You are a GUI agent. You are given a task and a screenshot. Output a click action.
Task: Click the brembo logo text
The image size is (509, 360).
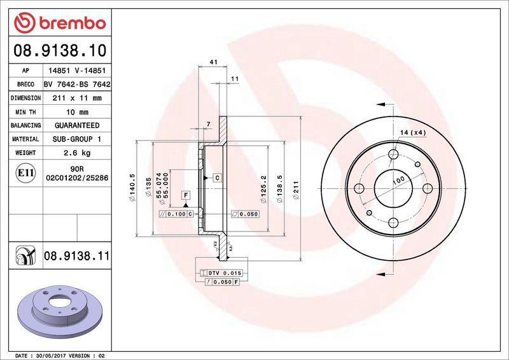[73, 24]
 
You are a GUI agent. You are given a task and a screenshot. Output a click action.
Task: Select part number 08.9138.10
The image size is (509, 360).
[60, 50]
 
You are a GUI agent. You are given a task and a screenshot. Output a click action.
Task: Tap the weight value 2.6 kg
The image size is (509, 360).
[77, 153]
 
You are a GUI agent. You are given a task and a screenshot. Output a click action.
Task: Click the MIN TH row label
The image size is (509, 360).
[25, 113]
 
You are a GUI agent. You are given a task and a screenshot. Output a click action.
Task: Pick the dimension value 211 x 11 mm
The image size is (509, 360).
[77, 98]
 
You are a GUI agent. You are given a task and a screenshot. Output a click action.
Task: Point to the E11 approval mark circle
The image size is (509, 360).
[25, 173]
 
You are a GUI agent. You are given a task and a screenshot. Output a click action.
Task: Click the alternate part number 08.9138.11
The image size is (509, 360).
[76, 256]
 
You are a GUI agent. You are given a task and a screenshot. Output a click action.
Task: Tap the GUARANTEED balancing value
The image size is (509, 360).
[77, 125]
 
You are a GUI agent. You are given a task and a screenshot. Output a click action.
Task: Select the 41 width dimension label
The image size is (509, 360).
[213, 62]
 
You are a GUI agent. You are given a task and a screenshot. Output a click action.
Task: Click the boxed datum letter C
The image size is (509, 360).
[217, 177]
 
